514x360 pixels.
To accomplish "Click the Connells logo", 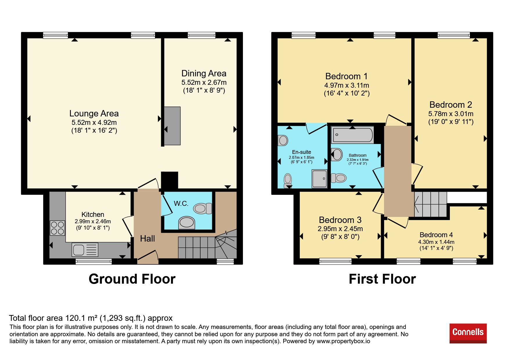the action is (x=468, y=333).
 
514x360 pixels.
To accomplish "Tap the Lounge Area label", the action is (x=94, y=113).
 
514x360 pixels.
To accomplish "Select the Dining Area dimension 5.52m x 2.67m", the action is (x=204, y=82).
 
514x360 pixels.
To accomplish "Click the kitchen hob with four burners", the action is (x=57, y=228).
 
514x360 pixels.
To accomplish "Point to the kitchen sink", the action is (x=85, y=250).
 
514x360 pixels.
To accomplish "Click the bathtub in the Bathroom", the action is (x=352, y=135).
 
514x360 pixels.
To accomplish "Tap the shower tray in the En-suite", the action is (x=320, y=179).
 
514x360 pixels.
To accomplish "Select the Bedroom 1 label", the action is (x=347, y=76).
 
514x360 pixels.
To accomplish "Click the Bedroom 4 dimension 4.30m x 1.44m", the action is (x=436, y=242).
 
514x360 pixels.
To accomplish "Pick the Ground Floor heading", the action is (x=132, y=279).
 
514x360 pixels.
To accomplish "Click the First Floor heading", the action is (x=382, y=279).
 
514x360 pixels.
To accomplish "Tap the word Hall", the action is (x=147, y=239).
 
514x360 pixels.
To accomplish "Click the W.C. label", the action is (x=181, y=204).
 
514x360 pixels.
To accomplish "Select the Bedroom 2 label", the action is (x=451, y=105).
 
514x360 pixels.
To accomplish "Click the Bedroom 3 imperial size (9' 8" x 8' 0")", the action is (x=340, y=237).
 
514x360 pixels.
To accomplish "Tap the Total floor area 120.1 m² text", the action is (x=53, y=318).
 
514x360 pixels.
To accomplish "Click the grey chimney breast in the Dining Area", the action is (x=172, y=126).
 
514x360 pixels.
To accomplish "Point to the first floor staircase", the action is (x=430, y=204).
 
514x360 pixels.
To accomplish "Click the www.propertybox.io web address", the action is (x=343, y=341).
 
